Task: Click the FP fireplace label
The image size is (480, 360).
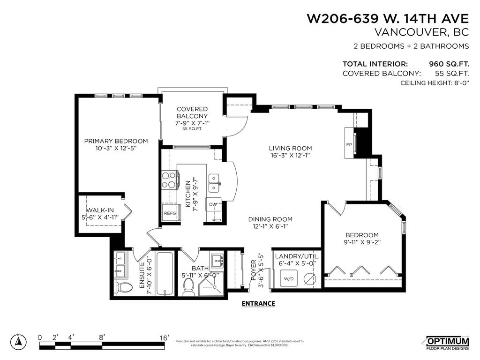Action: [x=349, y=144]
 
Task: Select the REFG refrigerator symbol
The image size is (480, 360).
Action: [x=169, y=213]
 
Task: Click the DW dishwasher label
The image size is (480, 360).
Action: [x=212, y=204]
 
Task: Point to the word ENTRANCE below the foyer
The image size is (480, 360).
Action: [x=258, y=303]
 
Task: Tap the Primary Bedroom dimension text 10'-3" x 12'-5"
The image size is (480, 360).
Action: [x=115, y=149]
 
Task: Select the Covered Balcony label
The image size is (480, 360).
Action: [x=192, y=112]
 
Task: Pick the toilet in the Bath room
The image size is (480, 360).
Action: [x=189, y=287]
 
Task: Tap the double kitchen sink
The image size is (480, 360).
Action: [x=214, y=183]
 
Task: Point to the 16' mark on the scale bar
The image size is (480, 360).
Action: [x=164, y=337]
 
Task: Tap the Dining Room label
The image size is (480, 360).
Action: [x=270, y=219]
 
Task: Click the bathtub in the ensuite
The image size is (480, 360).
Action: [x=165, y=273]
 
